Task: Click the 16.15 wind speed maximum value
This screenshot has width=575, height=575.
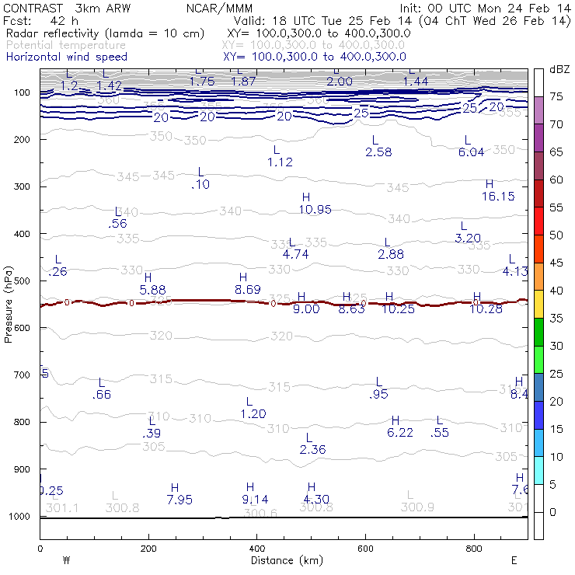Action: pos(498,197)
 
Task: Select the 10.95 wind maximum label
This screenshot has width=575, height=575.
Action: pos(315,209)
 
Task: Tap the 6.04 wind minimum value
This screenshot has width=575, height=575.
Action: pos(471,152)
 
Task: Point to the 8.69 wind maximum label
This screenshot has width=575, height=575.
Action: pos(248,289)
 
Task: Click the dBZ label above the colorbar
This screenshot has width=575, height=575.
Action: pos(559,70)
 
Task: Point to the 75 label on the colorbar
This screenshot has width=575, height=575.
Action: pos(556,96)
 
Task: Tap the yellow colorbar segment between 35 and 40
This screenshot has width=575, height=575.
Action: pos(538,304)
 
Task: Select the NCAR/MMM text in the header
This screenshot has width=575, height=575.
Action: pos(219,8)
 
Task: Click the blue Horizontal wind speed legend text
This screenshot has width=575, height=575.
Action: pos(66,57)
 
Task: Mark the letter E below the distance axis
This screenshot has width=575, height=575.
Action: pos(514,560)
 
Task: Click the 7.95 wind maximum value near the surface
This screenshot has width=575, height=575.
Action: pos(179,500)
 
